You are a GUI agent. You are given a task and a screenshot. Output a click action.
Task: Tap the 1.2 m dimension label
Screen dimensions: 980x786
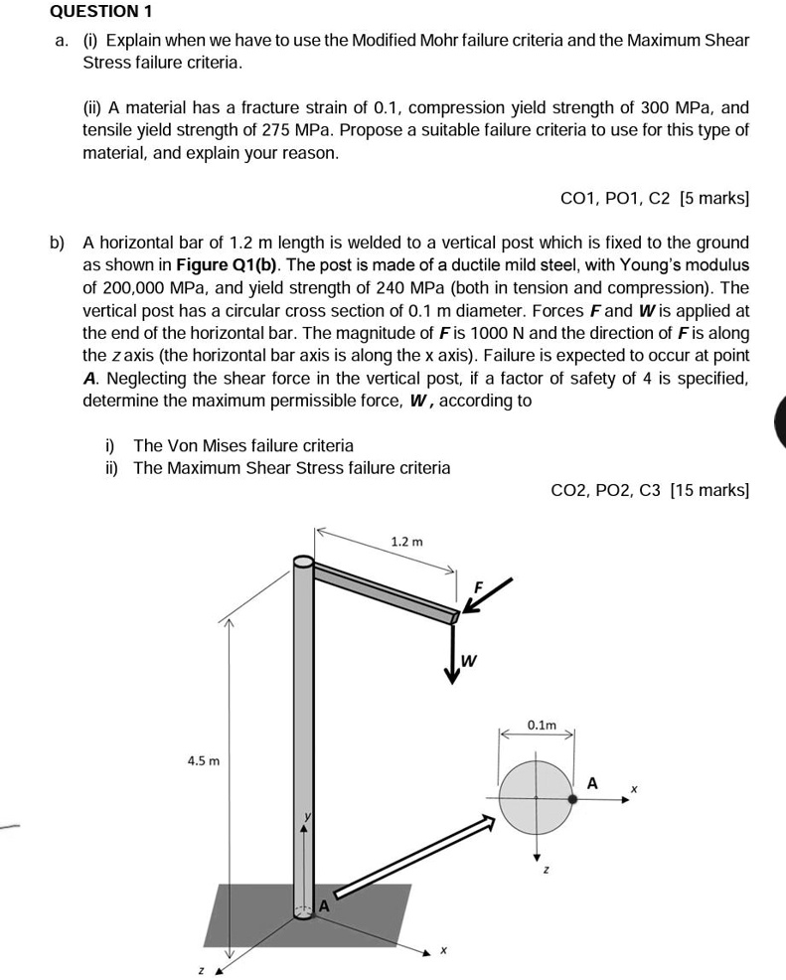406,542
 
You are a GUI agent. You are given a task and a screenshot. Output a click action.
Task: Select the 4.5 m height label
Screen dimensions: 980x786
203,760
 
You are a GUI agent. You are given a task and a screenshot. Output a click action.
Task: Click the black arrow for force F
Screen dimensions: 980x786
490,598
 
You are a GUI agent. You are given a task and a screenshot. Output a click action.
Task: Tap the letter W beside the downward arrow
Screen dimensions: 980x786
471,660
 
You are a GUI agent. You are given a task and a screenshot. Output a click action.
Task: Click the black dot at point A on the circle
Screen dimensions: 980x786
571,797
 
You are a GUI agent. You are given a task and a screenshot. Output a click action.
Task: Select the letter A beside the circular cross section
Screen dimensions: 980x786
593,783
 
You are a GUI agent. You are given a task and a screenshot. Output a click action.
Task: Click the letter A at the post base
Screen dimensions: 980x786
323,905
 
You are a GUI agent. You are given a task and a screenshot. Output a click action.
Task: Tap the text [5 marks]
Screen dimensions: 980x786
713,199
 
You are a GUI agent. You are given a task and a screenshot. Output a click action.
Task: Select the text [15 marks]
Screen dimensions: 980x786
709,490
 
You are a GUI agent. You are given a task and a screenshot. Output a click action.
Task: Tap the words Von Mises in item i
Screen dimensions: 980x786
202,445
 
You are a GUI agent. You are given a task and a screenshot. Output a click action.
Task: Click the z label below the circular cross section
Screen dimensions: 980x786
544,871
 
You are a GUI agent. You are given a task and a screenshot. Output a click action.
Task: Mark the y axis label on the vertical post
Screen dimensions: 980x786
309,815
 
